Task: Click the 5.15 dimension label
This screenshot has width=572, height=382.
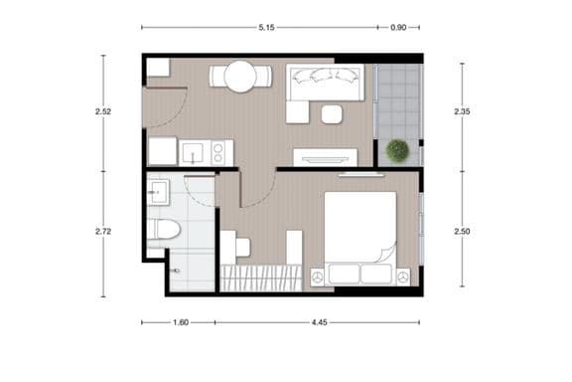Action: pos(266,27)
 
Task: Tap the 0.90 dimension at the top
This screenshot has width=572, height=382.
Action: pos(398,27)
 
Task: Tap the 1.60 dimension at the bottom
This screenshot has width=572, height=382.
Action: pos(180,322)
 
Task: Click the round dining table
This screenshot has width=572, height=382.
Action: pos(240,77)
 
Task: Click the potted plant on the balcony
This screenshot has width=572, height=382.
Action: pos(397,151)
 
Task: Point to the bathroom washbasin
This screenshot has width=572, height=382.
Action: pos(157,193)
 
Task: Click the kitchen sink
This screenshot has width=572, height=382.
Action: pos(192,152)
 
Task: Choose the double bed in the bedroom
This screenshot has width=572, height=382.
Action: pos(359,229)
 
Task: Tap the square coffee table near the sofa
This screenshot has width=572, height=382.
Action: pos(332,113)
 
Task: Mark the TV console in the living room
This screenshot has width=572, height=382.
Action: pos(326,156)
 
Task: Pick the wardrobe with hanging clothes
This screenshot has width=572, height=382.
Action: pos(260,278)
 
